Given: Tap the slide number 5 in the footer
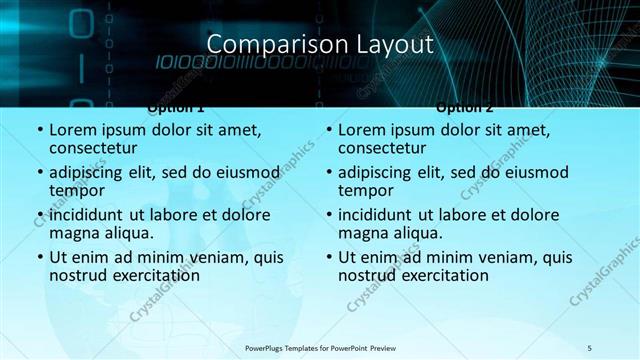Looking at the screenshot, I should [590, 347].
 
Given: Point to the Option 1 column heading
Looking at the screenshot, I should [176, 107].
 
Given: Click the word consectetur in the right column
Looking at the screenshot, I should [382, 148].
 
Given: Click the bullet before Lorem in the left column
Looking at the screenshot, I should [39, 130].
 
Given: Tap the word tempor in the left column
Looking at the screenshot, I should [73, 190].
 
